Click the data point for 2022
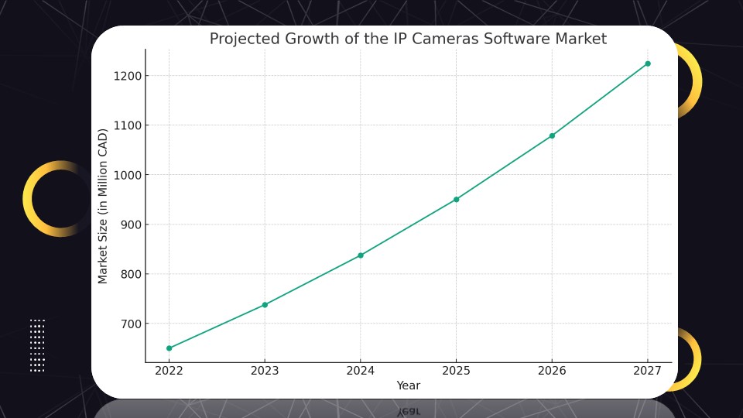pyautogui.click(x=169, y=348)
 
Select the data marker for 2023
pyautogui.click(x=265, y=305)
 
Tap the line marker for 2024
pyautogui.click(x=361, y=255)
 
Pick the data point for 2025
pyautogui.click(x=457, y=200)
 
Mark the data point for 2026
pyautogui.click(x=552, y=135)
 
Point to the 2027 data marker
pyautogui.click(x=648, y=63)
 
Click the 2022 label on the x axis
pyautogui.click(x=169, y=371)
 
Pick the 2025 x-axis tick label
pyautogui.click(x=457, y=371)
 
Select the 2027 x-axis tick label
pyautogui.click(x=648, y=371)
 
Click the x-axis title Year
pyautogui.click(x=409, y=385)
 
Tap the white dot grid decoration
pyautogui.click(x=37, y=345)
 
